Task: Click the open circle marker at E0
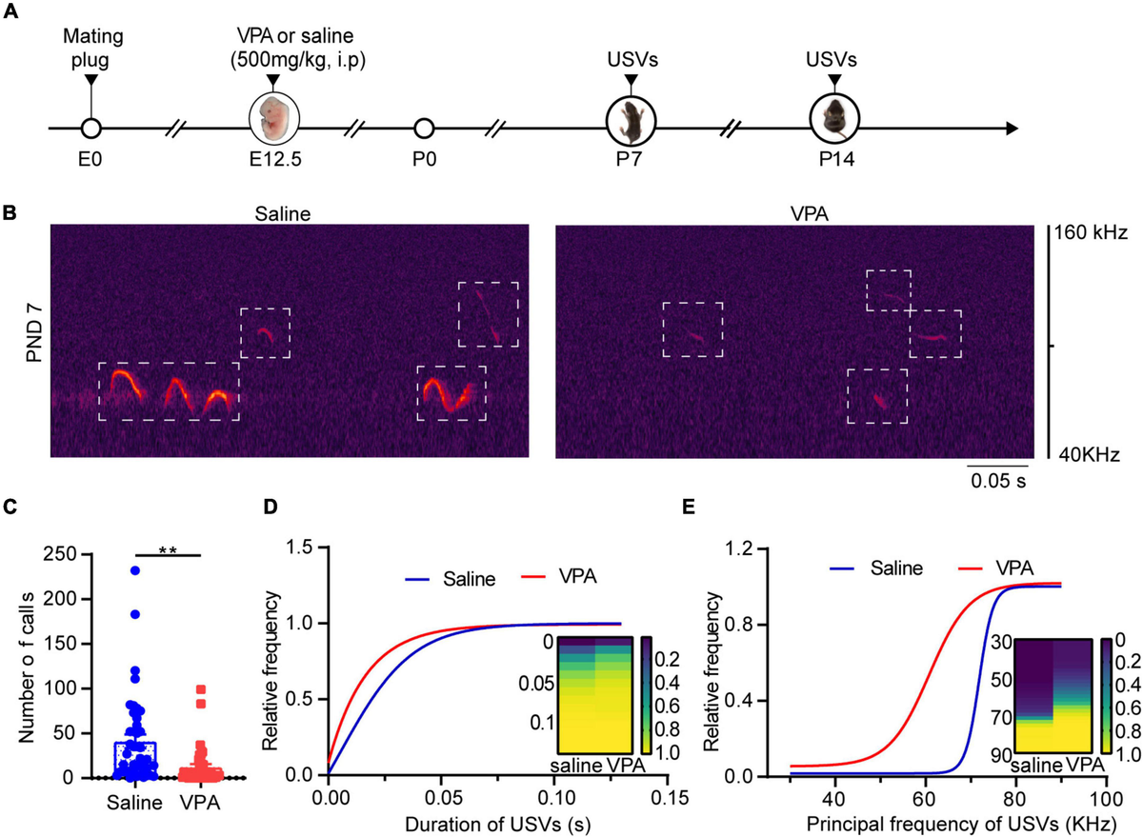coord(90,129)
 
